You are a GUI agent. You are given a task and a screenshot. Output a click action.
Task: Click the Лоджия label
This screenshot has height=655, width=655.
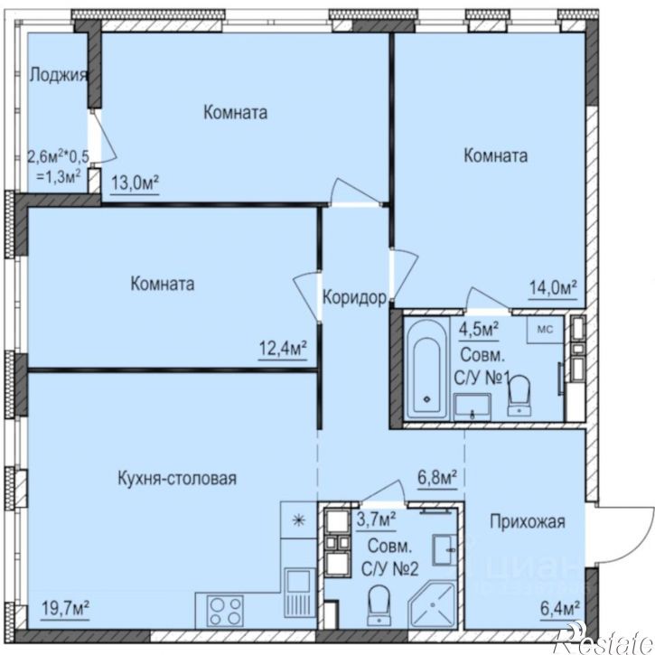(x=58, y=75)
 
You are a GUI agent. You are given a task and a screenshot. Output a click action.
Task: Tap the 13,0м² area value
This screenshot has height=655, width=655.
(x=135, y=182)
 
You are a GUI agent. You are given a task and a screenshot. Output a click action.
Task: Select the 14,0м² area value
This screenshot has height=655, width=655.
(x=552, y=288)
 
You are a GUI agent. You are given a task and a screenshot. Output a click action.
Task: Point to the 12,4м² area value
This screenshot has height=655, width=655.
(x=284, y=348)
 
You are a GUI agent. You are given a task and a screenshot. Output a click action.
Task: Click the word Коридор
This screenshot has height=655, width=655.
(x=355, y=297)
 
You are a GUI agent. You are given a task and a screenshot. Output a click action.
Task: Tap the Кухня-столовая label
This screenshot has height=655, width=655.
(x=177, y=478)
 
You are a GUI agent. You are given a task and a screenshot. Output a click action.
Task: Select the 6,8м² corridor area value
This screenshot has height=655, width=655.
(x=436, y=476)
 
